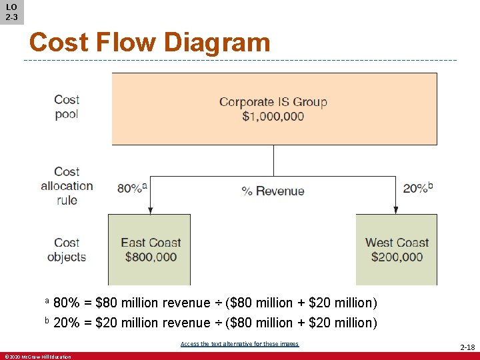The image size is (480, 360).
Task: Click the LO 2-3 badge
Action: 11,12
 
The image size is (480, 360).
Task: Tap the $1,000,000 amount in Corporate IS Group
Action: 273,116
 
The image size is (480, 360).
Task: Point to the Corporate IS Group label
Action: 273,102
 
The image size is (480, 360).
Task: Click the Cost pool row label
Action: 67,107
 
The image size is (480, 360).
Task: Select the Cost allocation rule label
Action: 67,186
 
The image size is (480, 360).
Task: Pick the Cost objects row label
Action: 67,250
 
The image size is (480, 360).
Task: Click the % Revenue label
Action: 273,191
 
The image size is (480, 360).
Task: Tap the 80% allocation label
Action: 131,188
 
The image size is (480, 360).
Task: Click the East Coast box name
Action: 151,243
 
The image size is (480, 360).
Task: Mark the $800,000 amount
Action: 149,257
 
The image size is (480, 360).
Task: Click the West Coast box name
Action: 397,243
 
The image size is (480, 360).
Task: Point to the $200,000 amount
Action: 397,257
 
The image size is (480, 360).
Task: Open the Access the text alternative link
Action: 239,344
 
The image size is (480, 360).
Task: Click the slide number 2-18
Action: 467,347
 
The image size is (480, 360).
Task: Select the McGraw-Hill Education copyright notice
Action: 37,357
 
